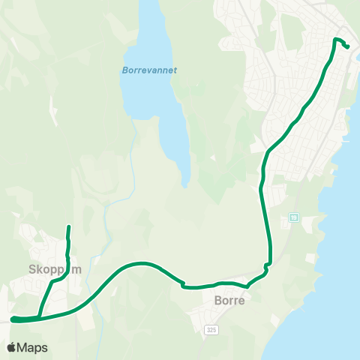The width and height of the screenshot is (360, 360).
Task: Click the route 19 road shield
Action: (x=294, y=217)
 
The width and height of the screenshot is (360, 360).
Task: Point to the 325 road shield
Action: (x=212, y=329)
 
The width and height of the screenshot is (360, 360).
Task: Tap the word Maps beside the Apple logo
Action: (x=32, y=347)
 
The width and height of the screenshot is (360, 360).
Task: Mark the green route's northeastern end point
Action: (x=348, y=47)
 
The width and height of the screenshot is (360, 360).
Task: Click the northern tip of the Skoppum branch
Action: (x=68, y=226)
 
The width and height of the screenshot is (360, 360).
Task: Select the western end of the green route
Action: (x=13, y=319)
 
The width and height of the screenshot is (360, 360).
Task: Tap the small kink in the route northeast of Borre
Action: (x=266, y=265)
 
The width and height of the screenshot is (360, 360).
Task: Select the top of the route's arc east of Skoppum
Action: (x=140, y=263)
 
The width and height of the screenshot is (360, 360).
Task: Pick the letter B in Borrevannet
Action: (x=124, y=71)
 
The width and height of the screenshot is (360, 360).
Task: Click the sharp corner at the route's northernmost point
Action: (x=334, y=39)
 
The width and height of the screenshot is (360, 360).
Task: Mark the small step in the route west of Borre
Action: (x=182, y=283)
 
